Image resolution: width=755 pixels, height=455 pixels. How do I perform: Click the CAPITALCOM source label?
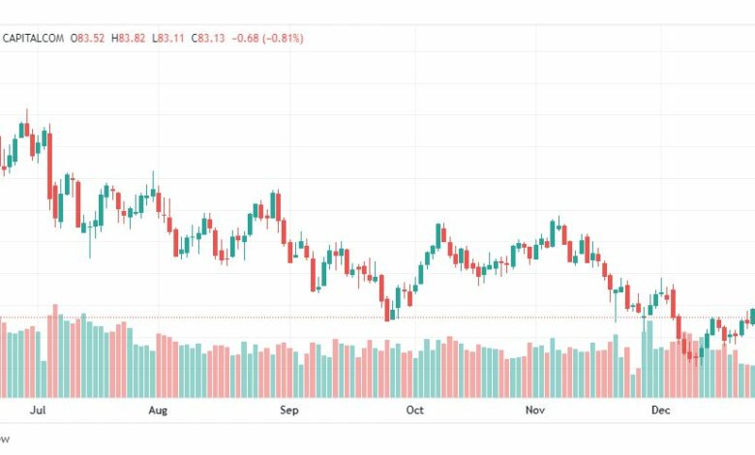click(x=34, y=38)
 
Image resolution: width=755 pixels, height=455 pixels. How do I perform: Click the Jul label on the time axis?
click(x=39, y=410)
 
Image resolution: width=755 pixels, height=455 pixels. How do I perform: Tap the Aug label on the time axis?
click(x=158, y=410)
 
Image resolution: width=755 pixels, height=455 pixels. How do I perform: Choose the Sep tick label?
click(x=287, y=410)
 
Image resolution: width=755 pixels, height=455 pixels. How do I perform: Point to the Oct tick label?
click(x=414, y=410)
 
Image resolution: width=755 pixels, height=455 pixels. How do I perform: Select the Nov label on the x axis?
click(x=535, y=410)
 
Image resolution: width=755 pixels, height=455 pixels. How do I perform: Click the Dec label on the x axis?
click(x=661, y=410)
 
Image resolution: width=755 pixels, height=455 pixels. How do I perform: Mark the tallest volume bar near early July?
click(x=55, y=350)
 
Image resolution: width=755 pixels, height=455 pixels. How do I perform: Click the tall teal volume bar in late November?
click(x=649, y=358)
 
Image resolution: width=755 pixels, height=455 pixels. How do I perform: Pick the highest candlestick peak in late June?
click(x=26, y=127)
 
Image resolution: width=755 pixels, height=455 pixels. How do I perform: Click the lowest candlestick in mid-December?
click(x=694, y=353)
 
